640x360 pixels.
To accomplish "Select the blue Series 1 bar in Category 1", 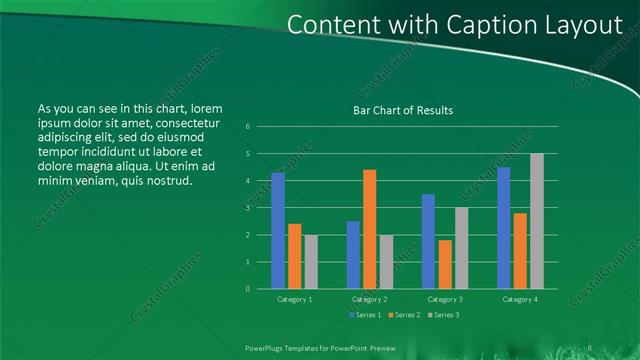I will click(x=277, y=231).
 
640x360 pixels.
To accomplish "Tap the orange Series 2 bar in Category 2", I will click(x=369, y=229).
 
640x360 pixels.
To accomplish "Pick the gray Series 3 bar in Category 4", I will click(x=536, y=221).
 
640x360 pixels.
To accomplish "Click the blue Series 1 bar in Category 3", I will click(x=428, y=241).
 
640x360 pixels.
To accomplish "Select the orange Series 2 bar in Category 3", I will click(x=444, y=264).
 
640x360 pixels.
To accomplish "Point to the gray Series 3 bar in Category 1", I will click(x=311, y=261).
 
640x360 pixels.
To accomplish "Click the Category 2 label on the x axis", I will click(x=370, y=299).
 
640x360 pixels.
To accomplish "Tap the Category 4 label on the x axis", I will click(x=519, y=299).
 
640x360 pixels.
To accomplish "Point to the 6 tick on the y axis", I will click(x=248, y=127).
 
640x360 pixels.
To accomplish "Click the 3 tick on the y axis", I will click(x=248, y=208).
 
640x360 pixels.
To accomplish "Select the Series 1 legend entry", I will click(x=364, y=315).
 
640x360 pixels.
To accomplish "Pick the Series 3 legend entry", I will click(x=442, y=315).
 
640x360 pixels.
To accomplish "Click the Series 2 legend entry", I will click(x=403, y=315).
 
